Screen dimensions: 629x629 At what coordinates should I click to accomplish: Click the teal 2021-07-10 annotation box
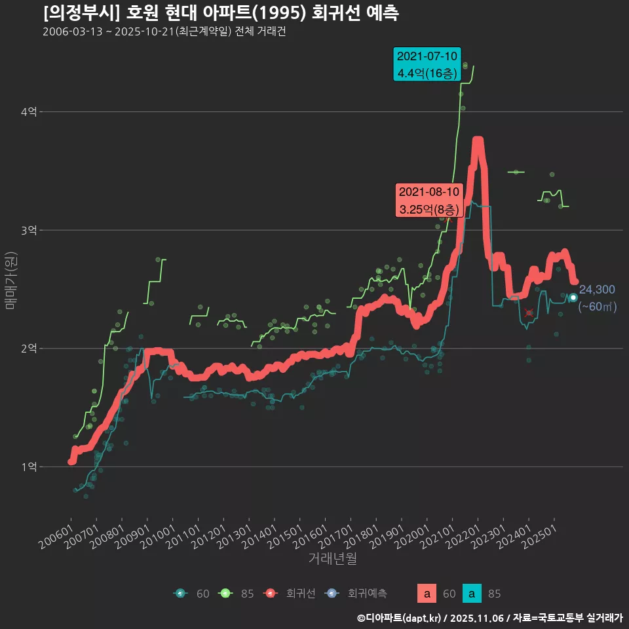427,64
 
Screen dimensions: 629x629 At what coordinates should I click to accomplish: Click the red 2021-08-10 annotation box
430,200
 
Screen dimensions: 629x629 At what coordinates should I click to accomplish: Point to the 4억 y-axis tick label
29,113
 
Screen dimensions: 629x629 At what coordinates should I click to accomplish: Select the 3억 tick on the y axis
29,230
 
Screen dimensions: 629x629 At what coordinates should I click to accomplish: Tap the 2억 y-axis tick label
29,349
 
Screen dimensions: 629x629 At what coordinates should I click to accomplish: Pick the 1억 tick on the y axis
29,467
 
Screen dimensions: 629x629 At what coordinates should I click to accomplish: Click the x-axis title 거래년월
332,559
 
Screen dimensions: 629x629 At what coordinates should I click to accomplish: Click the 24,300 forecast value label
597,290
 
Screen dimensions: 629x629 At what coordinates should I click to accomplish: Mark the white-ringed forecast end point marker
573,297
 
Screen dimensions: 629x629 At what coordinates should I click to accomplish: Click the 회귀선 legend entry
300,594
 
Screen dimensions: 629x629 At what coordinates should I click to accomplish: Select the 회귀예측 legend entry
367,594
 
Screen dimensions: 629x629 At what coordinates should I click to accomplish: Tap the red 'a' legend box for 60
427,594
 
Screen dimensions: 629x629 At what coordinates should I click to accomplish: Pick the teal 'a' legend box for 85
472,594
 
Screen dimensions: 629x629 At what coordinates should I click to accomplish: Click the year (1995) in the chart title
282,13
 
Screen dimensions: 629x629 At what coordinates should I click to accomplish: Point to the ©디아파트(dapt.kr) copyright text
399,618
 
